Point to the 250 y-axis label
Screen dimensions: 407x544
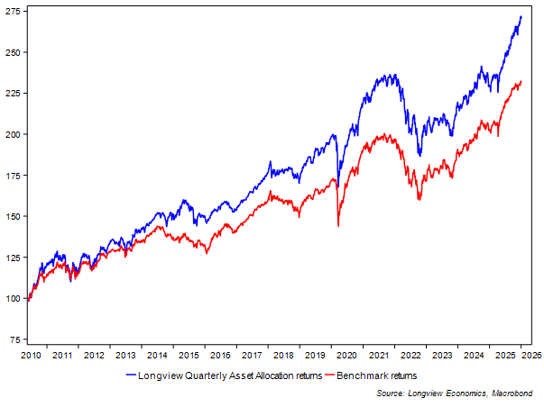13,52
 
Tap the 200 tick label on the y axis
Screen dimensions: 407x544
13,134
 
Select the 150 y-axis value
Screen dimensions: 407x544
13,216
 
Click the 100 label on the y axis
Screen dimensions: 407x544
13,298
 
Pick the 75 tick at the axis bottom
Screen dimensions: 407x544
15,339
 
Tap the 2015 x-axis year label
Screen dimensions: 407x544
188,357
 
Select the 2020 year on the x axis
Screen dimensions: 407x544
342,357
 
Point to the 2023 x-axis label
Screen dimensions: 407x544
435,357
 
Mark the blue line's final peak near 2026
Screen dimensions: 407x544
521,17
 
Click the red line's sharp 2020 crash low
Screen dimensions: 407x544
338,225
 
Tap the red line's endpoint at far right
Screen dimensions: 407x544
521,82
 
